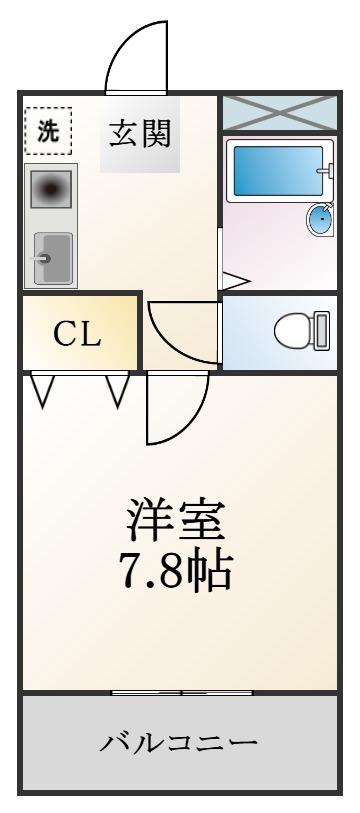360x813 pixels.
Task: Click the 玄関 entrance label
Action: tap(140, 134)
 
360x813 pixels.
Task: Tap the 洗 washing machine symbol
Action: tap(48, 131)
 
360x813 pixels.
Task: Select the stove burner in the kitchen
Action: tap(50, 189)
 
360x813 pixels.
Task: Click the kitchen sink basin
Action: tap(53, 258)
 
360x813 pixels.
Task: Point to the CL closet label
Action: tap(77, 335)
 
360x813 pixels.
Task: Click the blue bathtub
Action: tap(278, 171)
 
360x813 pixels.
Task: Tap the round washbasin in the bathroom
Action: tap(320, 219)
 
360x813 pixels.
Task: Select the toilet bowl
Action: tap(293, 331)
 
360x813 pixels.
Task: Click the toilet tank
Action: tap(322, 330)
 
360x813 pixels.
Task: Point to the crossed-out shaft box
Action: tap(280, 113)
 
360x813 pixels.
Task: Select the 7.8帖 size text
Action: tap(176, 570)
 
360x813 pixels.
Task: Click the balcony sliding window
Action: tap(182, 692)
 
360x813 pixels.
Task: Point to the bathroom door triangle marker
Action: tap(235, 282)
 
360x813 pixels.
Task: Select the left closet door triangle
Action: tap(43, 389)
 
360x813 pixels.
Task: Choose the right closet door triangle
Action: tap(118, 389)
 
